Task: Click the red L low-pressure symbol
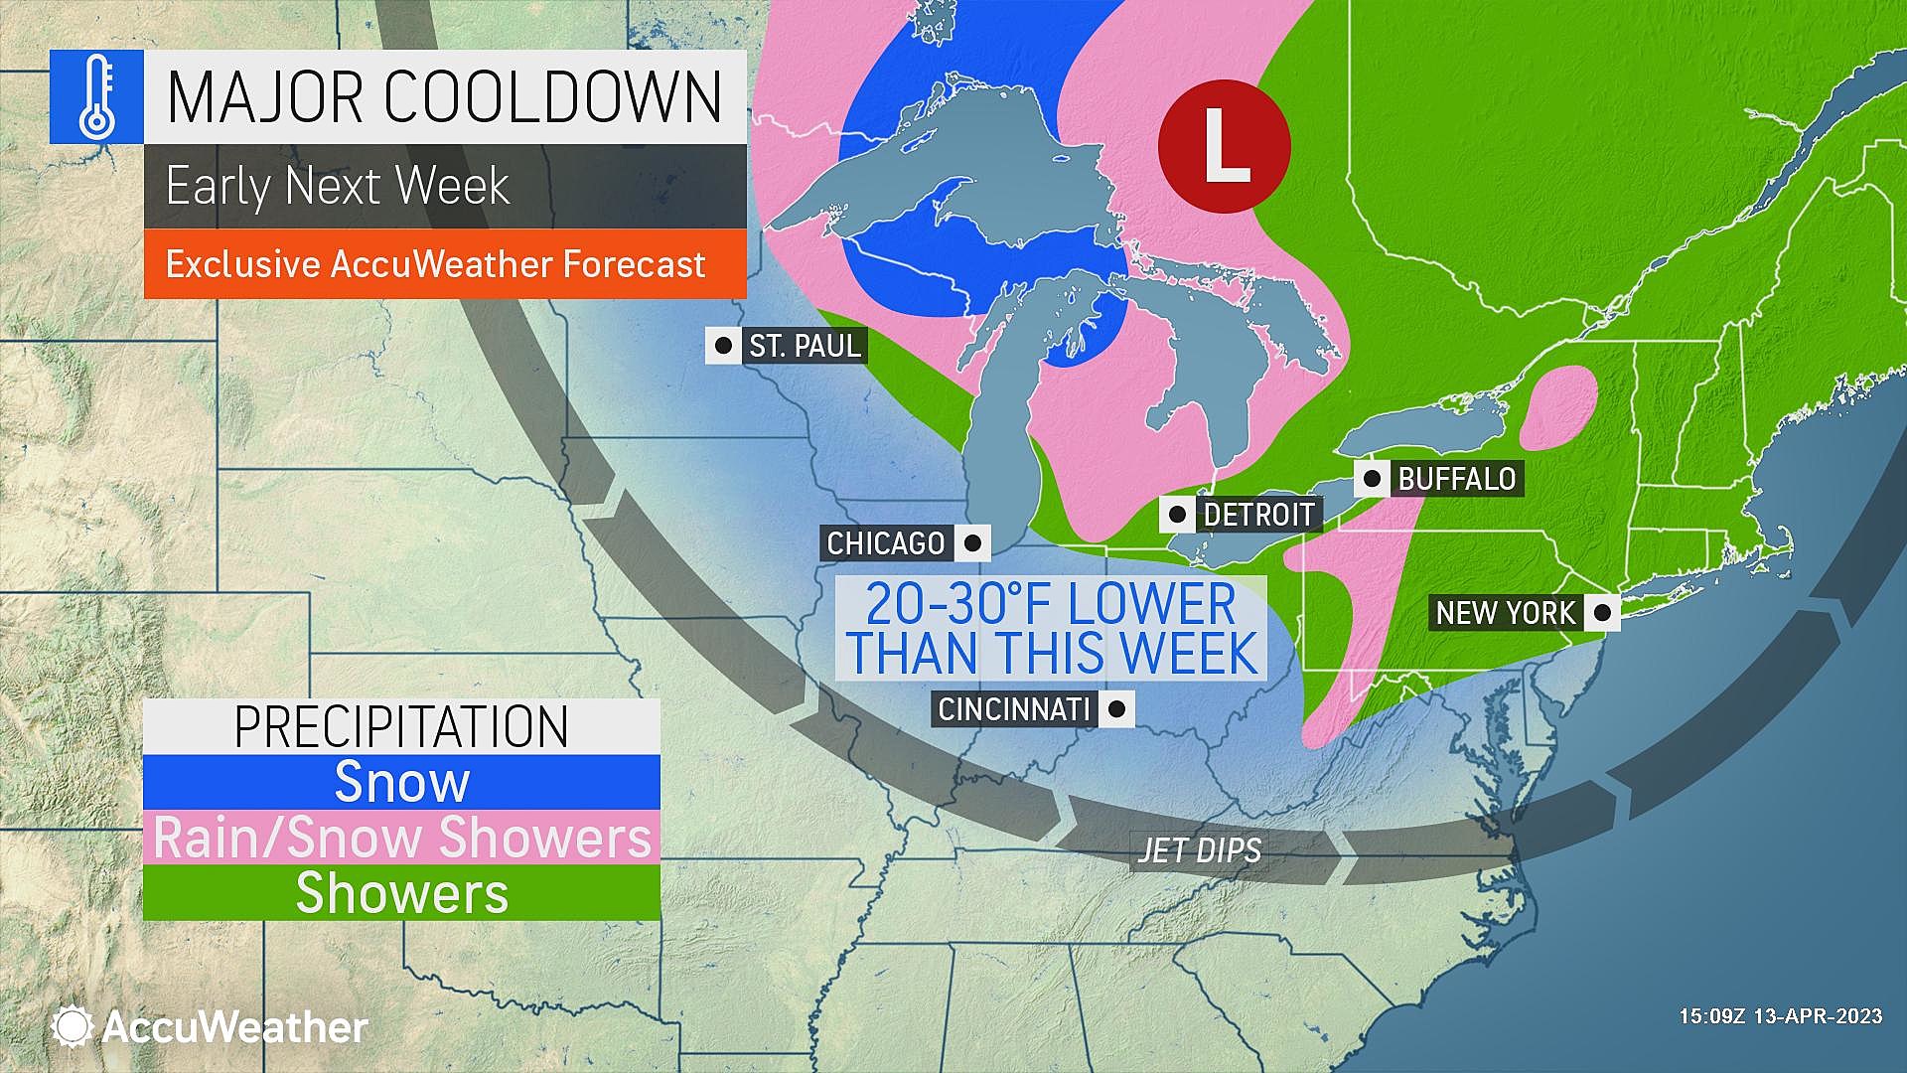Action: click(1224, 146)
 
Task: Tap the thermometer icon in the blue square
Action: click(96, 96)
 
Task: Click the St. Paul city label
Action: click(805, 346)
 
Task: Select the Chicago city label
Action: click(886, 543)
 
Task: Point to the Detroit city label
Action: click(1258, 515)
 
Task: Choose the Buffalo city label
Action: click(1456, 479)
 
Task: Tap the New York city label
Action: click(1505, 613)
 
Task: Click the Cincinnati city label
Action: click(1014, 709)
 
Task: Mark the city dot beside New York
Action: click(1601, 613)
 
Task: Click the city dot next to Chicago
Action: click(972, 543)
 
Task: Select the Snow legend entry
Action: click(401, 782)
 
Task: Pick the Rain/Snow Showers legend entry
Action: click(401, 837)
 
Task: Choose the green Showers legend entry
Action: click(401, 892)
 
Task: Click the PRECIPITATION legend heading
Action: click(401, 727)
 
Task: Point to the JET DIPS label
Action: click(1200, 850)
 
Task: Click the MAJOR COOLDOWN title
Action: click(444, 97)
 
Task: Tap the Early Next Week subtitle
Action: click(338, 186)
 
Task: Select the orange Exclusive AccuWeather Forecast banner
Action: click(444, 264)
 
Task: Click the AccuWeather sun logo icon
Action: click(73, 1026)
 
